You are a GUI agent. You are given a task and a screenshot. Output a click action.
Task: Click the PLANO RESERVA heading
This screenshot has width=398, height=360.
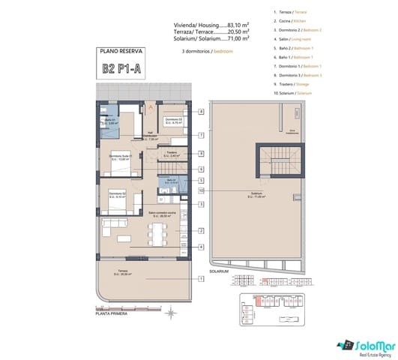[121, 52]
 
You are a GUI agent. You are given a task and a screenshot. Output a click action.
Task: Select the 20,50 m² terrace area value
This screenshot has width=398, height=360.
[238, 33]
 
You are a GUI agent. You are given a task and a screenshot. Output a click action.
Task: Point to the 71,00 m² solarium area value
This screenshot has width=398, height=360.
[238, 40]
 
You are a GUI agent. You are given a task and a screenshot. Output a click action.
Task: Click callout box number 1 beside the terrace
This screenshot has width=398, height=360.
[202, 278]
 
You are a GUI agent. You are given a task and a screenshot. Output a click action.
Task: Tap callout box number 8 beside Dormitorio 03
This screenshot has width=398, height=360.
[202, 112]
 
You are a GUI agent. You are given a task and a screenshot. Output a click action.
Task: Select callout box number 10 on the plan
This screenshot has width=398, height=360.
[202, 190]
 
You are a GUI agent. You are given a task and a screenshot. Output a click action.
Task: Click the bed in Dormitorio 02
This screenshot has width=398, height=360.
[116, 201]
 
